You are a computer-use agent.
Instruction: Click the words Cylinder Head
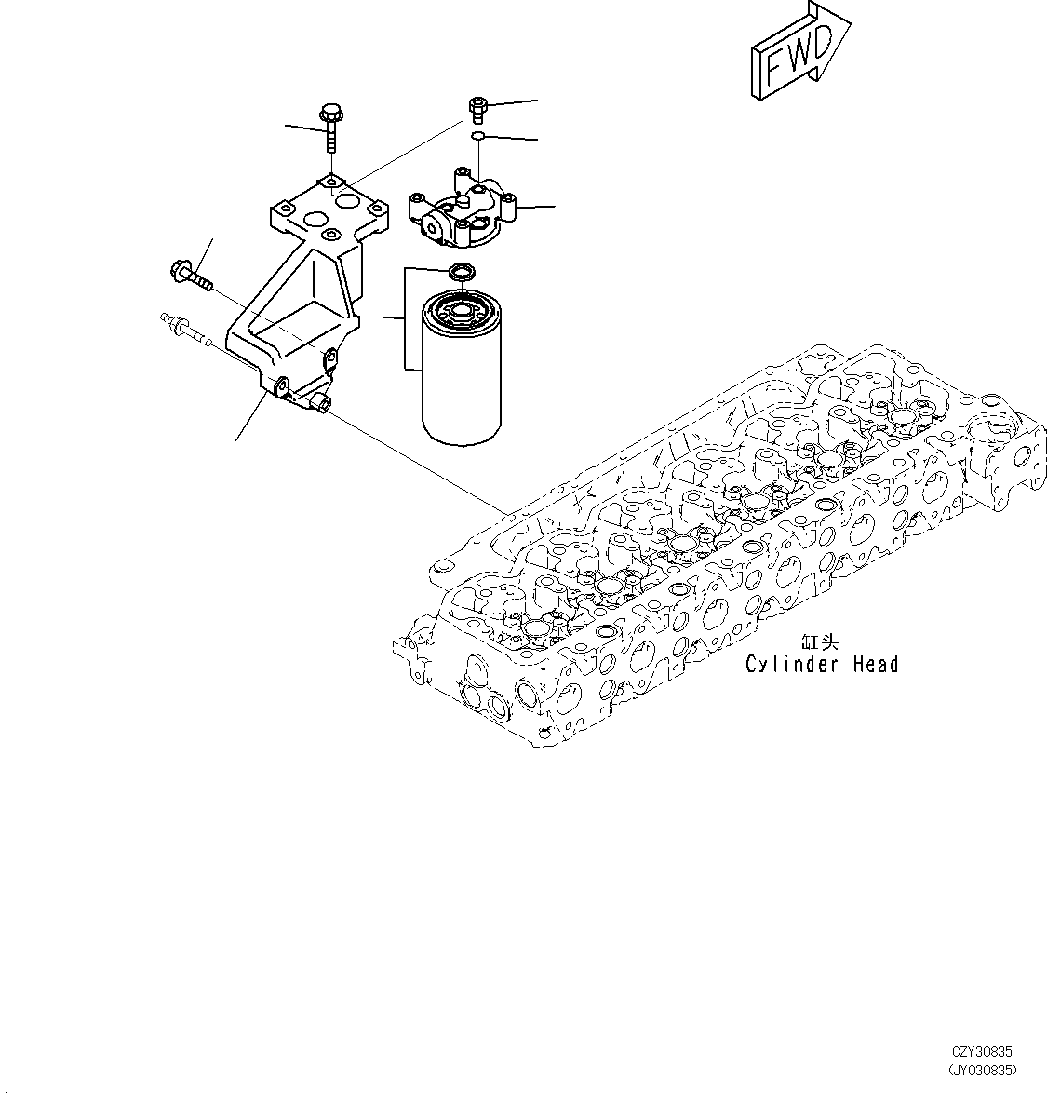(x=821, y=665)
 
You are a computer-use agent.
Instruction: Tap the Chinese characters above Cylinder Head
(x=819, y=642)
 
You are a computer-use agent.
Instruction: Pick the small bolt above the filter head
(x=477, y=109)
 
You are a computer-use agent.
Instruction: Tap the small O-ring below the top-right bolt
(x=477, y=138)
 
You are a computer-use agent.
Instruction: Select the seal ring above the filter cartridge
(x=460, y=272)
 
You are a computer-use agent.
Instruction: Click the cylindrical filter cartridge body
(x=462, y=382)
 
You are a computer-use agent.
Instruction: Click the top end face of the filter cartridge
(x=462, y=308)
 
